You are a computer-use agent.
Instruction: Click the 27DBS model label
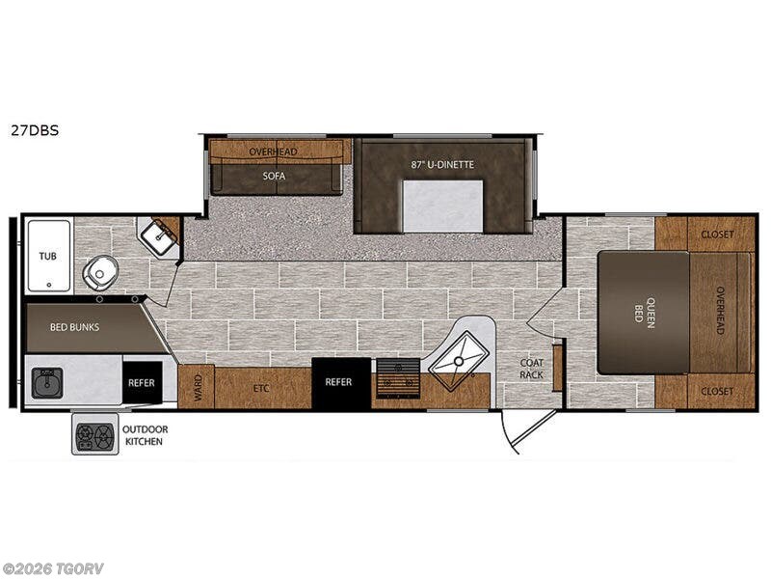click(x=35, y=130)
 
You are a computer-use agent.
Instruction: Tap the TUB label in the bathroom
click(x=47, y=256)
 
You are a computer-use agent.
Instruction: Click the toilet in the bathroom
click(x=100, y=273)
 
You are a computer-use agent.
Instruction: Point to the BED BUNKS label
click(x=75, y=327)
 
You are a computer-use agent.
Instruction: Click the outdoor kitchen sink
click(x=47, y=382)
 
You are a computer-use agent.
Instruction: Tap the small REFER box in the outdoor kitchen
click(x=142, y=382)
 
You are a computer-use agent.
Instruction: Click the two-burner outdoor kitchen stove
click(x=95, y=433)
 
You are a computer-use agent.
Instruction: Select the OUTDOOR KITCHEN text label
click(x=145, y=435)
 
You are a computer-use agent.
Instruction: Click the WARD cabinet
click(x=197, y=387)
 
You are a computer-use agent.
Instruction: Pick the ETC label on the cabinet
click(x=261, y=389)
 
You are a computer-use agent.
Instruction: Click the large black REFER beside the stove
click(x=341, y=383)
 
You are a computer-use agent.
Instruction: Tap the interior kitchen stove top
click(x=398, y=378)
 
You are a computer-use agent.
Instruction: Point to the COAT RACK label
click(x=532, y=369)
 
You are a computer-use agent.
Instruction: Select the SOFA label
click(x=274, y=176)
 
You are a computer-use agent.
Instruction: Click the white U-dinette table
click(x=442, y=206)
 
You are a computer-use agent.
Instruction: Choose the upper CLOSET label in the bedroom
click(x=717, y=234)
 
